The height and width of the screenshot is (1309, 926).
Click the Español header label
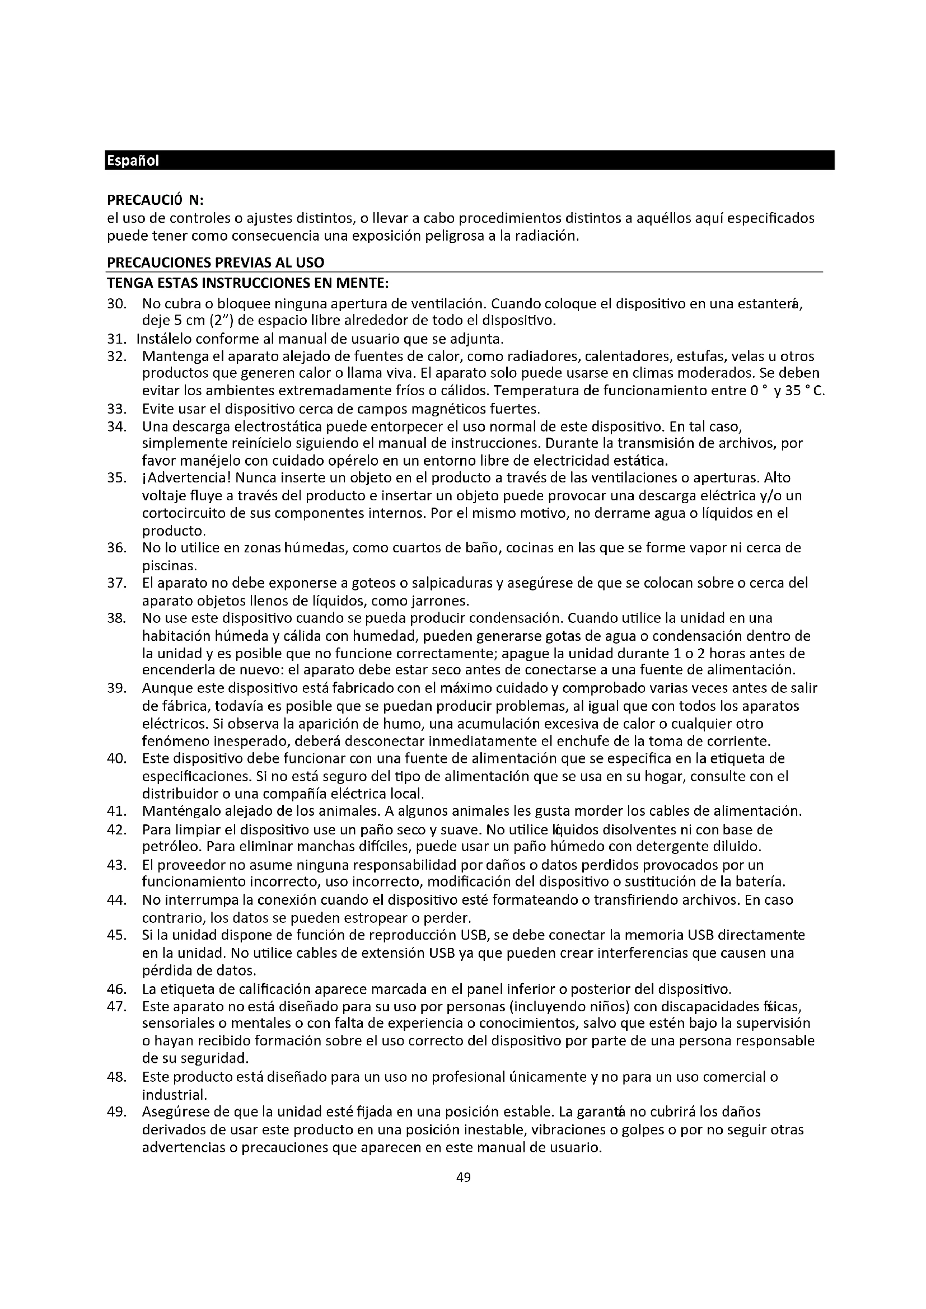point(132,161)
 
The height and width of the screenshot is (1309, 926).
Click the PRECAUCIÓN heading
point(155,200)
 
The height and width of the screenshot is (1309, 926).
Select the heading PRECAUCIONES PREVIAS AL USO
point(216,262)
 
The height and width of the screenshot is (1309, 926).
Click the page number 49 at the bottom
point(464,1177)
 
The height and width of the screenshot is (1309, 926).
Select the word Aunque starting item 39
point(165,688)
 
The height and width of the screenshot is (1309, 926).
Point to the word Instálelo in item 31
point(163,339)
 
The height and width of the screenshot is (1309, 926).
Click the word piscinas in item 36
point(169,566)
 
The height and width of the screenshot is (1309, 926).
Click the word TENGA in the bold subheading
point(128,283)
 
